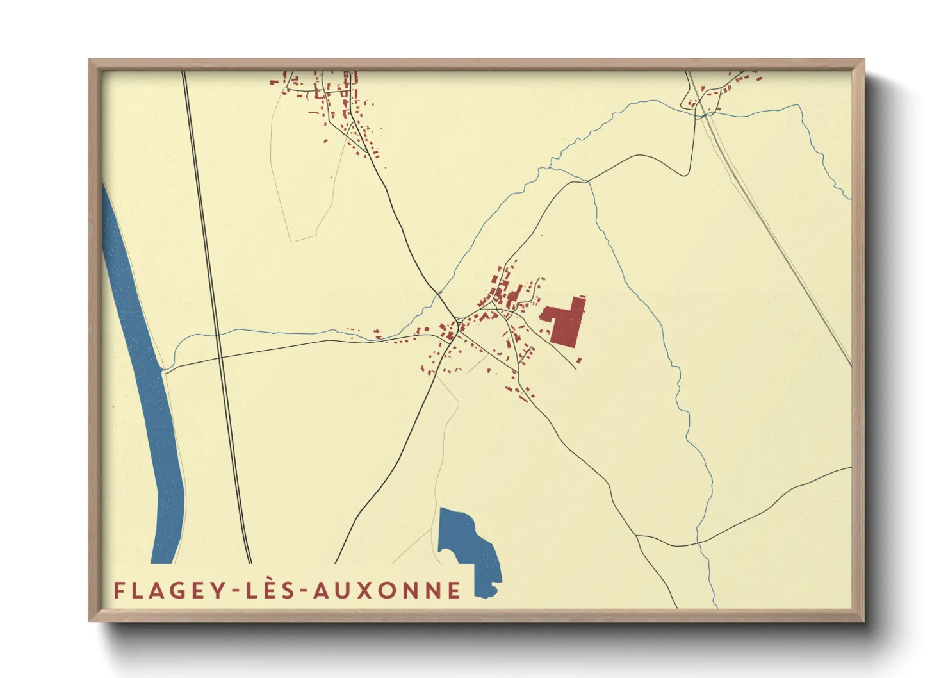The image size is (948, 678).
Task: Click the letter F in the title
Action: [x=119, y=590]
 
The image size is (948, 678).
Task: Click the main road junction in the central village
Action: [x=457, y=318]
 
